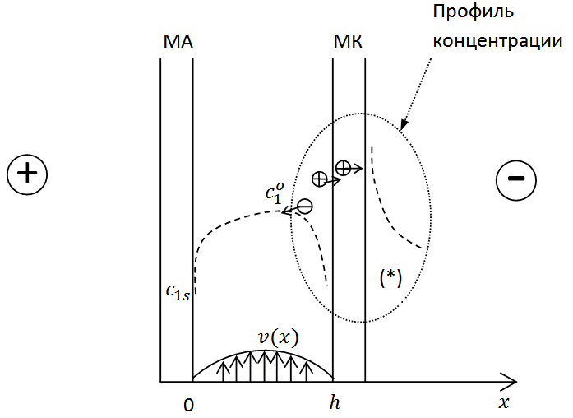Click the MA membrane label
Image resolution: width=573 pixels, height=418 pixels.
178,42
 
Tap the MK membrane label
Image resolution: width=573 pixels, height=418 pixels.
348,42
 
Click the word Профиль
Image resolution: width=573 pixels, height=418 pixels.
474,12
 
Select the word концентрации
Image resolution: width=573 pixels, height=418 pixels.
497,41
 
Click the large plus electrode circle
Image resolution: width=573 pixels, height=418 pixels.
27,174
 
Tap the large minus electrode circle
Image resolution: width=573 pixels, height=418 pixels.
516,179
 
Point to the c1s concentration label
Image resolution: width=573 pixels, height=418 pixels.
178,293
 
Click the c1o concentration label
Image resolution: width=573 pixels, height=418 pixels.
275,193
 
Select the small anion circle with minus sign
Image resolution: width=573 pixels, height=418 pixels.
305,207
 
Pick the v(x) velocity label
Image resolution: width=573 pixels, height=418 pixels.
279,337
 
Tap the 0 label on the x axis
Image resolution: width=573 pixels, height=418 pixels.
188,405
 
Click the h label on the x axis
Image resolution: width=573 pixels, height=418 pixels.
335,402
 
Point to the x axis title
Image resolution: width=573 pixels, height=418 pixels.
504,403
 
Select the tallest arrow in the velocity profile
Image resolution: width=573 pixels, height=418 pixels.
264,365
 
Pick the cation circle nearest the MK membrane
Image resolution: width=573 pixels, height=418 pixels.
343,168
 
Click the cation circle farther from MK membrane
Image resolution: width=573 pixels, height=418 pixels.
320,179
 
